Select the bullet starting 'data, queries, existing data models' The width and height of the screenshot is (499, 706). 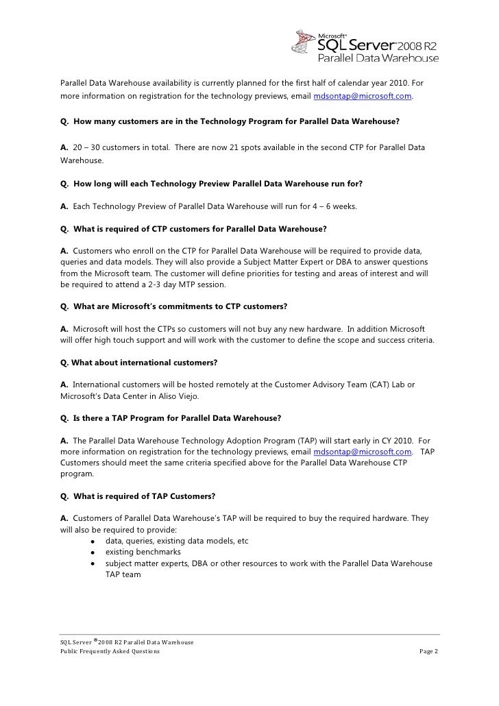[x=176, y=541]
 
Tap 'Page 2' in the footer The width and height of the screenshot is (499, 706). [x=428, y=651]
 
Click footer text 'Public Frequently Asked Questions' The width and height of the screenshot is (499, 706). [x=110, y=651]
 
